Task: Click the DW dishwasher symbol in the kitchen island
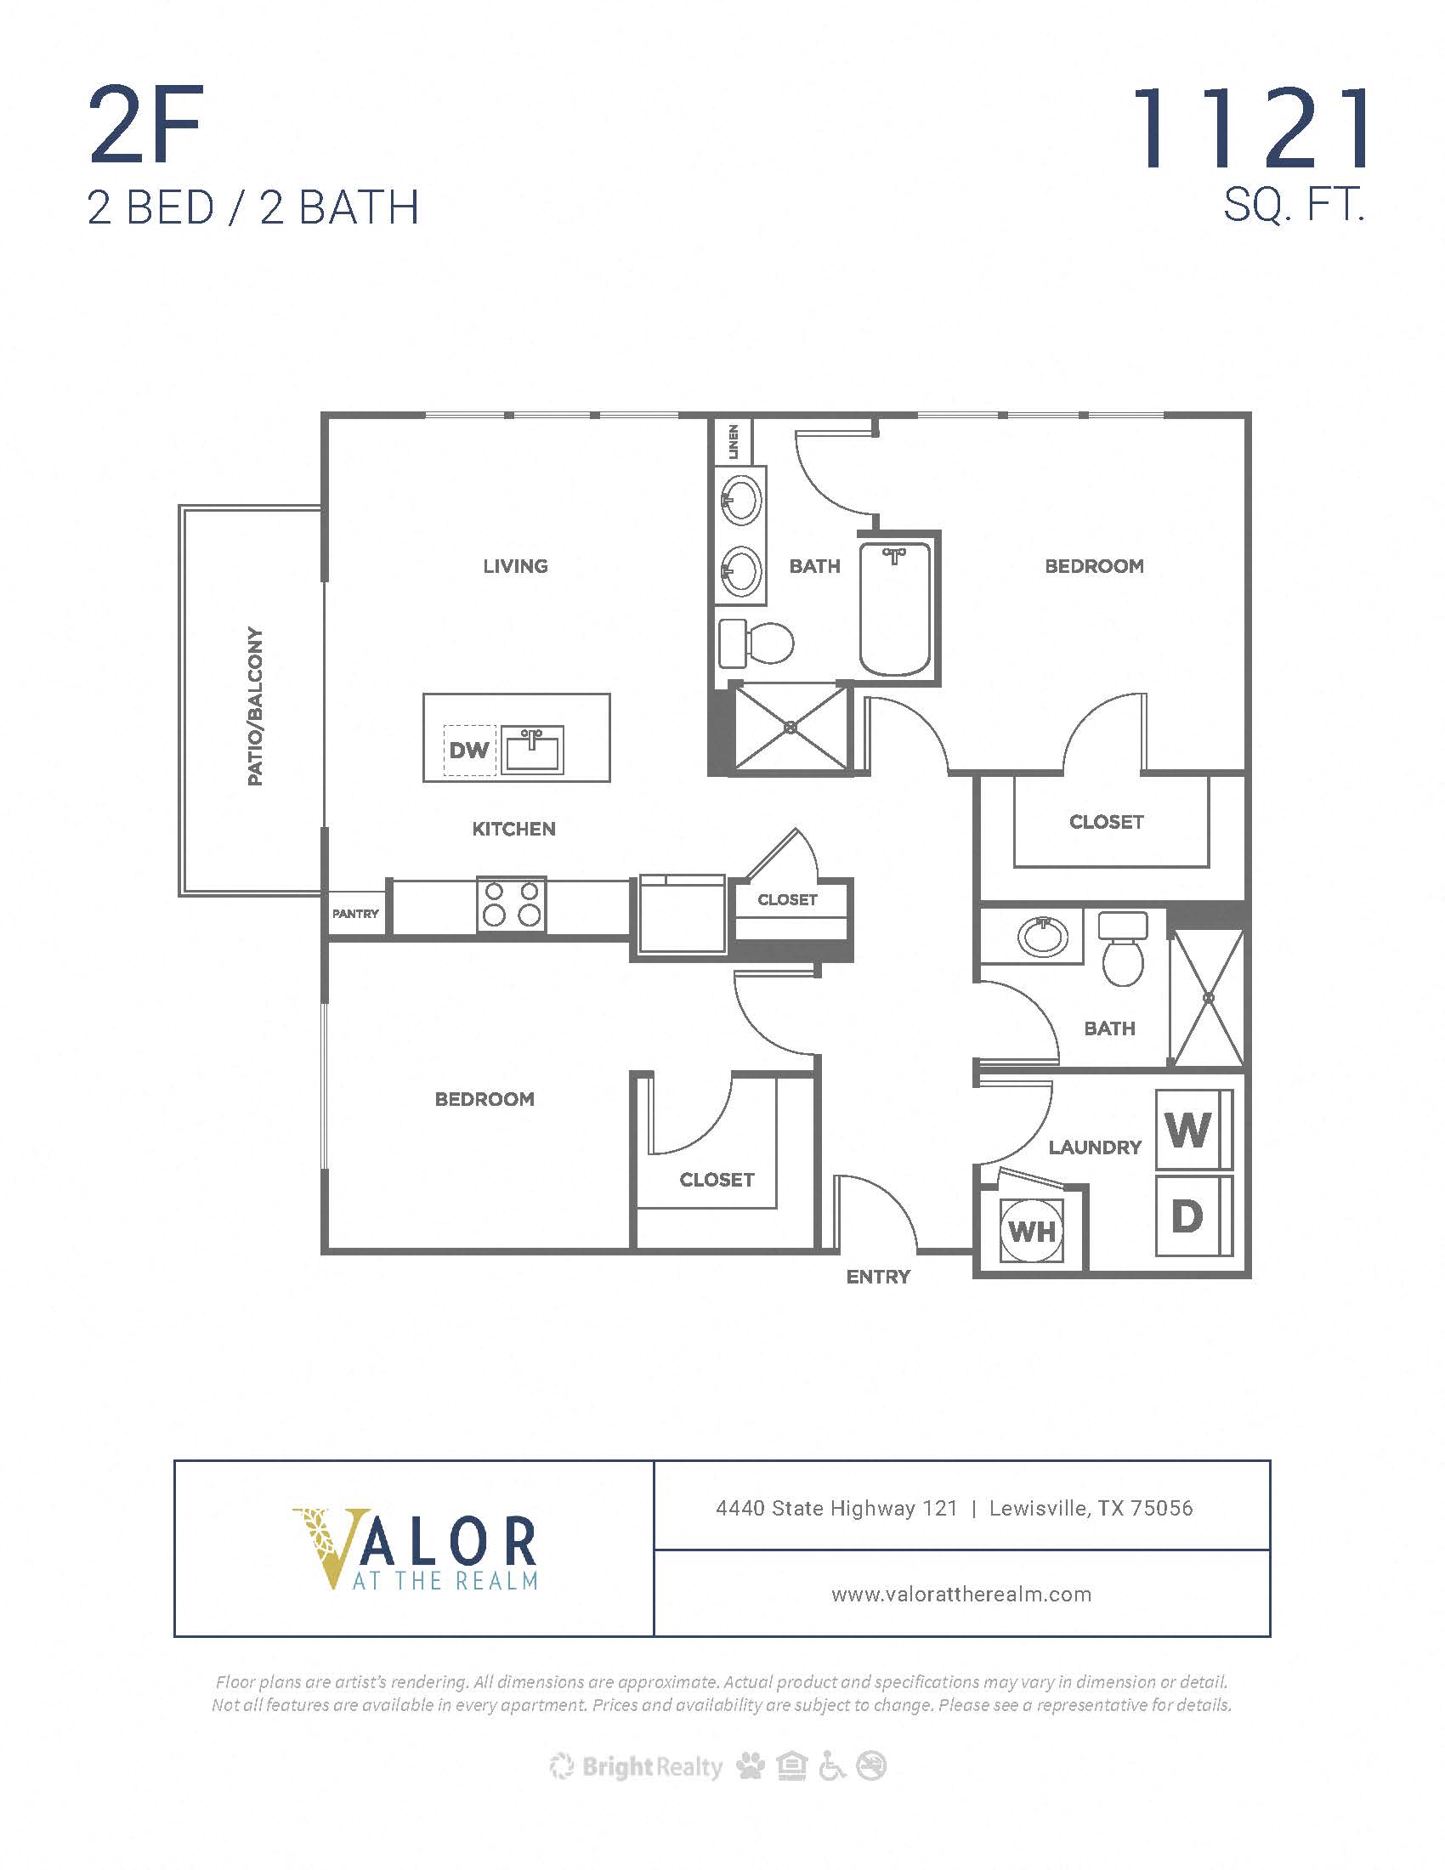pyautogui.click(x=469, y=750)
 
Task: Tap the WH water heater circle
pyautogui.click(x=1032, y=1232)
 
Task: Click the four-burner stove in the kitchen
pyautogui.click(x=512, y=904)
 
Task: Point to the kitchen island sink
pyautogui.click(x=531, y=749)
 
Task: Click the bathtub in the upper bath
pyautogui.click(x=894, y=609)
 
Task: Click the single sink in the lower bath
pyautogui.click(x=1043, y=936)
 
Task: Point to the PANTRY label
pyautogui.click(x=355, y=914)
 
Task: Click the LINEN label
pyautogui.click(x=733, y=441)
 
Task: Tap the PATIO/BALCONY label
pyautogui.click(x=255, y=706)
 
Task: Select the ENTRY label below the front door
pyautogui.click(x=878, y=1277)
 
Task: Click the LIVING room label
pyautogui.click(x=515, y=566)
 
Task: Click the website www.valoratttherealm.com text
pyautogui.click(x=961, y=1595)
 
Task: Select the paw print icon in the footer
pyautogui.click(x=751, y=1765)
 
